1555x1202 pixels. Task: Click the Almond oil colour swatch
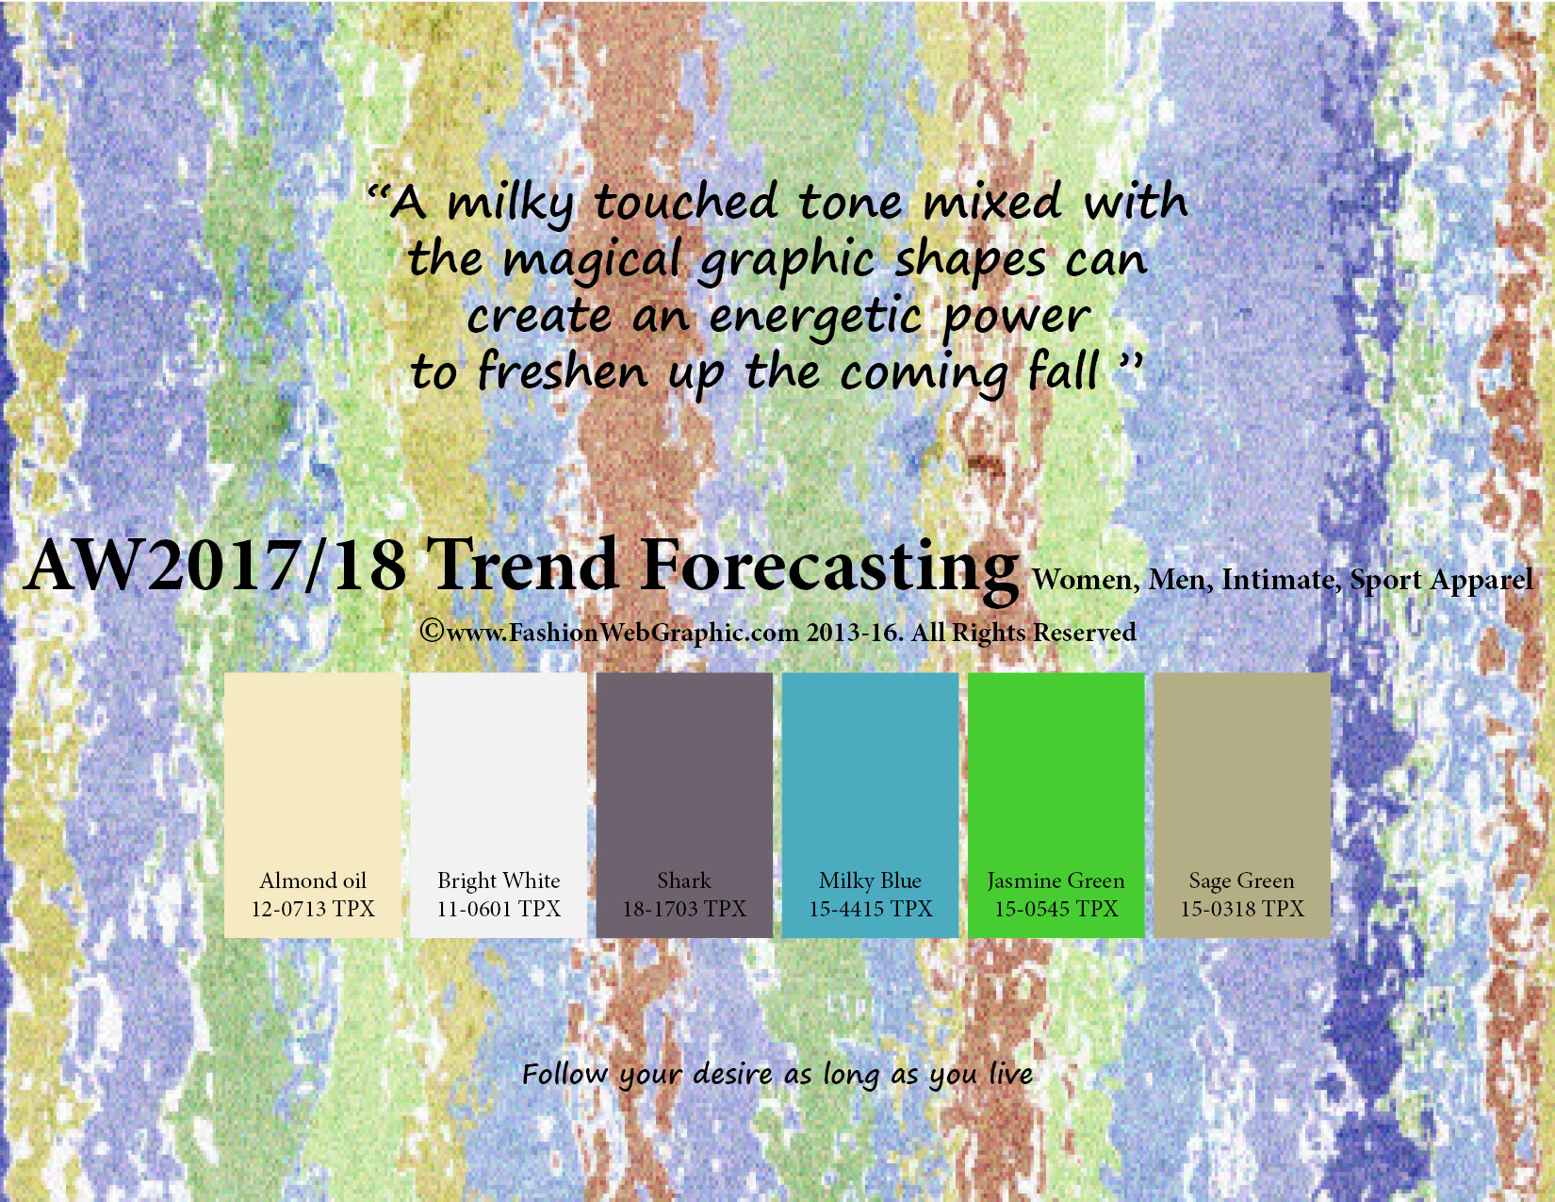313,805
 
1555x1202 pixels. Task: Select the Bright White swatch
499,805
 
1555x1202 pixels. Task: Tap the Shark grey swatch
685,805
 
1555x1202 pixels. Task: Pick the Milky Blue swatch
870,805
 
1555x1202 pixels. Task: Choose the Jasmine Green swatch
1056,805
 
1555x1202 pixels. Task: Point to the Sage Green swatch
1242,805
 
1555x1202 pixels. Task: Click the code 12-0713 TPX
313,909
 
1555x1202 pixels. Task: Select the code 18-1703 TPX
685,909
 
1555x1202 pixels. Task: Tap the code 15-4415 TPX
870,909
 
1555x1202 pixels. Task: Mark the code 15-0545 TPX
1056,909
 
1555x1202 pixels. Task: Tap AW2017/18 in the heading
216,566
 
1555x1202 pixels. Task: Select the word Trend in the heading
523,565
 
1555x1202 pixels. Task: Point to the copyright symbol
432,632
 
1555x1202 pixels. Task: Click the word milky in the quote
510,204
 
